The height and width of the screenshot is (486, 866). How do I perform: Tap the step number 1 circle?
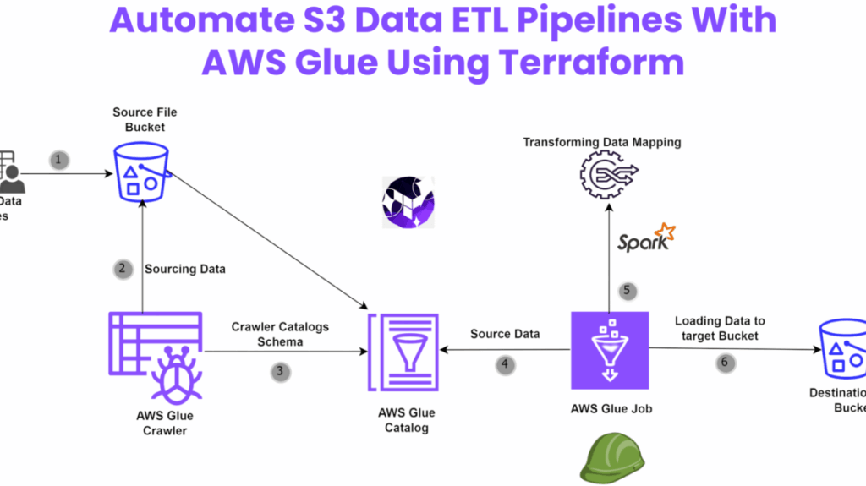click(58, 159)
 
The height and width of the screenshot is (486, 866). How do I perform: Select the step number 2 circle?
click(122, 269)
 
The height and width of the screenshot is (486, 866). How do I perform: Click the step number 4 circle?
click(505, 365)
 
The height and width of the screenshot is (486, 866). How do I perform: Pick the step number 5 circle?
click(627, 291)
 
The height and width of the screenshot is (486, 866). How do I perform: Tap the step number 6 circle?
click(724, 363)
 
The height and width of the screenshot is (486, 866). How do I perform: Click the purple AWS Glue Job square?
click(610, 352)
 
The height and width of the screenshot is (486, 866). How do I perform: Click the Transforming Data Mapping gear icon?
click(603, 177)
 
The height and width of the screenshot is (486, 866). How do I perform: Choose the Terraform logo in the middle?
click(408, 203)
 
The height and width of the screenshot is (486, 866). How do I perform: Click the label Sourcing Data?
click(185, 269)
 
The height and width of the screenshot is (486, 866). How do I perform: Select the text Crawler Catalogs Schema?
click(280, 333)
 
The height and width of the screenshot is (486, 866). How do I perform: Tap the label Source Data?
click(505, 334)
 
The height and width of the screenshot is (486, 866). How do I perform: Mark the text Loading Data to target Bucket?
click(719, 328)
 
